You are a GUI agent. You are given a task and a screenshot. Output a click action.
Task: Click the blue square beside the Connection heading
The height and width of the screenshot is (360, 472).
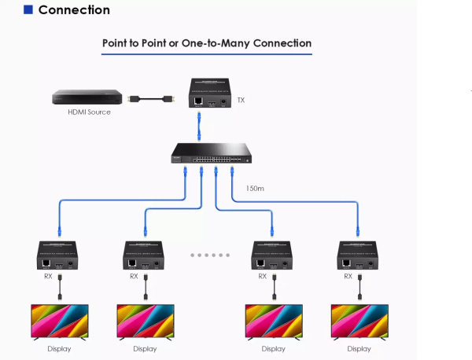tap(28, 10)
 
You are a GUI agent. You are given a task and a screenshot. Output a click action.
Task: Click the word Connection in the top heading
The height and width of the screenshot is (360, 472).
tap(74, 10)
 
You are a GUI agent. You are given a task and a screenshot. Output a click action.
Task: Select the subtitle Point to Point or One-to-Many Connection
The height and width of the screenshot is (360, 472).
tap(207, 43)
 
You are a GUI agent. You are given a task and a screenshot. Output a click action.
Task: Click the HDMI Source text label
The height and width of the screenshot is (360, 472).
tap(88, 112)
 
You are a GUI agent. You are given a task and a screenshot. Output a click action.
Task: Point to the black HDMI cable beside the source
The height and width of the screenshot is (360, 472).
tap(152, 99)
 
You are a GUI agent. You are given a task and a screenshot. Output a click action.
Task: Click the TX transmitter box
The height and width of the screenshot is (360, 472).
tap(212, 93)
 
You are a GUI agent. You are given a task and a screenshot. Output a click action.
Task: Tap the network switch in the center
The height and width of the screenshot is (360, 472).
tap(212, 152)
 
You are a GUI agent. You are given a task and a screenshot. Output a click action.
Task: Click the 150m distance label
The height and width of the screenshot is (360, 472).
tap(255, 188)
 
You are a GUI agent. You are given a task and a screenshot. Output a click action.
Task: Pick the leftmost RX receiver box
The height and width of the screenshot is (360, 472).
tap(59, 257)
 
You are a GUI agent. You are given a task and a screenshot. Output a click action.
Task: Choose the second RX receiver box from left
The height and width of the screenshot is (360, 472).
tap(145, 257)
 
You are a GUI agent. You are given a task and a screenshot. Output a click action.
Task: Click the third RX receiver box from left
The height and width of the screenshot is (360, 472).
tap(274, 257)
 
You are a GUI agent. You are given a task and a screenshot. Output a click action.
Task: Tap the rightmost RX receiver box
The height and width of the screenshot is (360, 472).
tap(360, 257)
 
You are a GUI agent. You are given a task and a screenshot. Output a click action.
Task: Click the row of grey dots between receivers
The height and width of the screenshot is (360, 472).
tap(209, 255)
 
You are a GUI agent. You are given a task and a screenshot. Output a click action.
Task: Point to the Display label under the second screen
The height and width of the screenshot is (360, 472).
tap(145, 348)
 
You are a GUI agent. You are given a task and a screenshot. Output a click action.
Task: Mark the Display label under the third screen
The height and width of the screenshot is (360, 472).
tap(274, 348)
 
